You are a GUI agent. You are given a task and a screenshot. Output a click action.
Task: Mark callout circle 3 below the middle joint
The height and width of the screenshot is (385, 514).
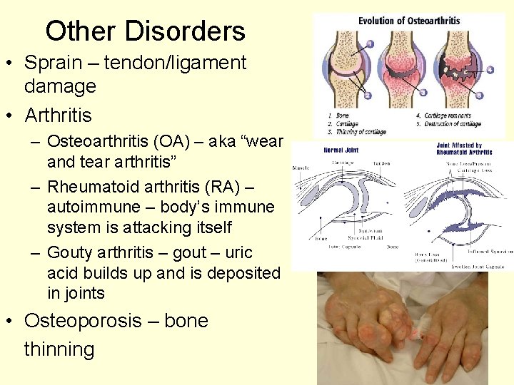(x=423, y=93)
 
